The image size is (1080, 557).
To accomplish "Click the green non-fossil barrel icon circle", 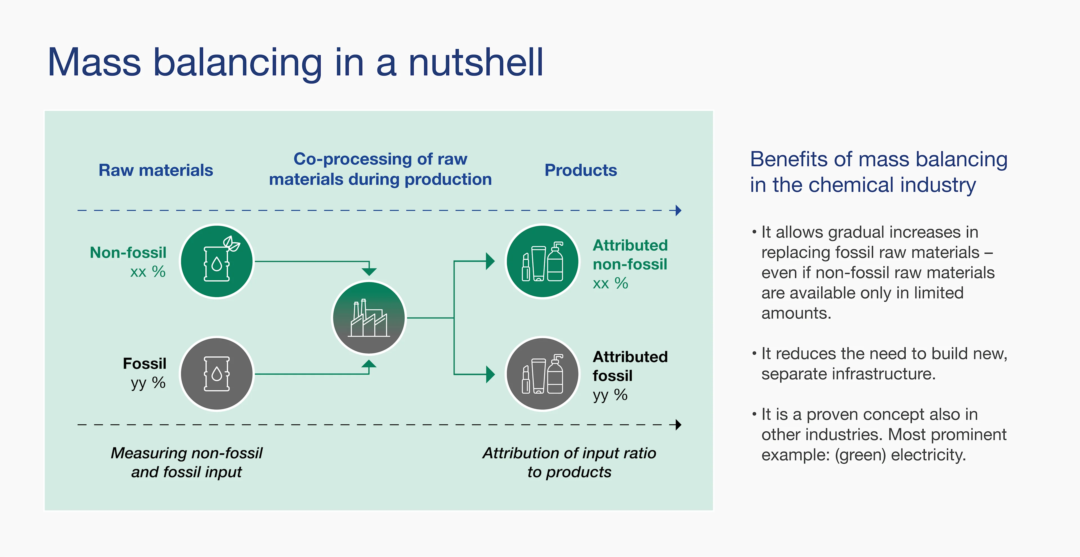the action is point(217,261).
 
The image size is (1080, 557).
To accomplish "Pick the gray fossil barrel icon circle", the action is point(217,374).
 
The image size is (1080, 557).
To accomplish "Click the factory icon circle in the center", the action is point(369,318).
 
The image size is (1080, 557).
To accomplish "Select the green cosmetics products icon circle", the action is point(543,261).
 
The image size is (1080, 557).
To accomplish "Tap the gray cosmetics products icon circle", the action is point(543,374).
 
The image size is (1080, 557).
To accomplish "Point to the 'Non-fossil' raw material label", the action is point(128,253).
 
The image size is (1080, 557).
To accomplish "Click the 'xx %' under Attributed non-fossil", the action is point(610,284).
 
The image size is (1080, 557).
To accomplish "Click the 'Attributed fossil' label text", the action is point(630,366).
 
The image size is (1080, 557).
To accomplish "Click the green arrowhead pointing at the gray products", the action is point(490,374).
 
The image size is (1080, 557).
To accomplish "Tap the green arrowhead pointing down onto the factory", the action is point(369,272).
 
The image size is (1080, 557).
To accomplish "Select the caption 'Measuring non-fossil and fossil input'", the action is point(186,462).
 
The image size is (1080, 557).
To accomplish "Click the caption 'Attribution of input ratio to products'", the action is point(569,462).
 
